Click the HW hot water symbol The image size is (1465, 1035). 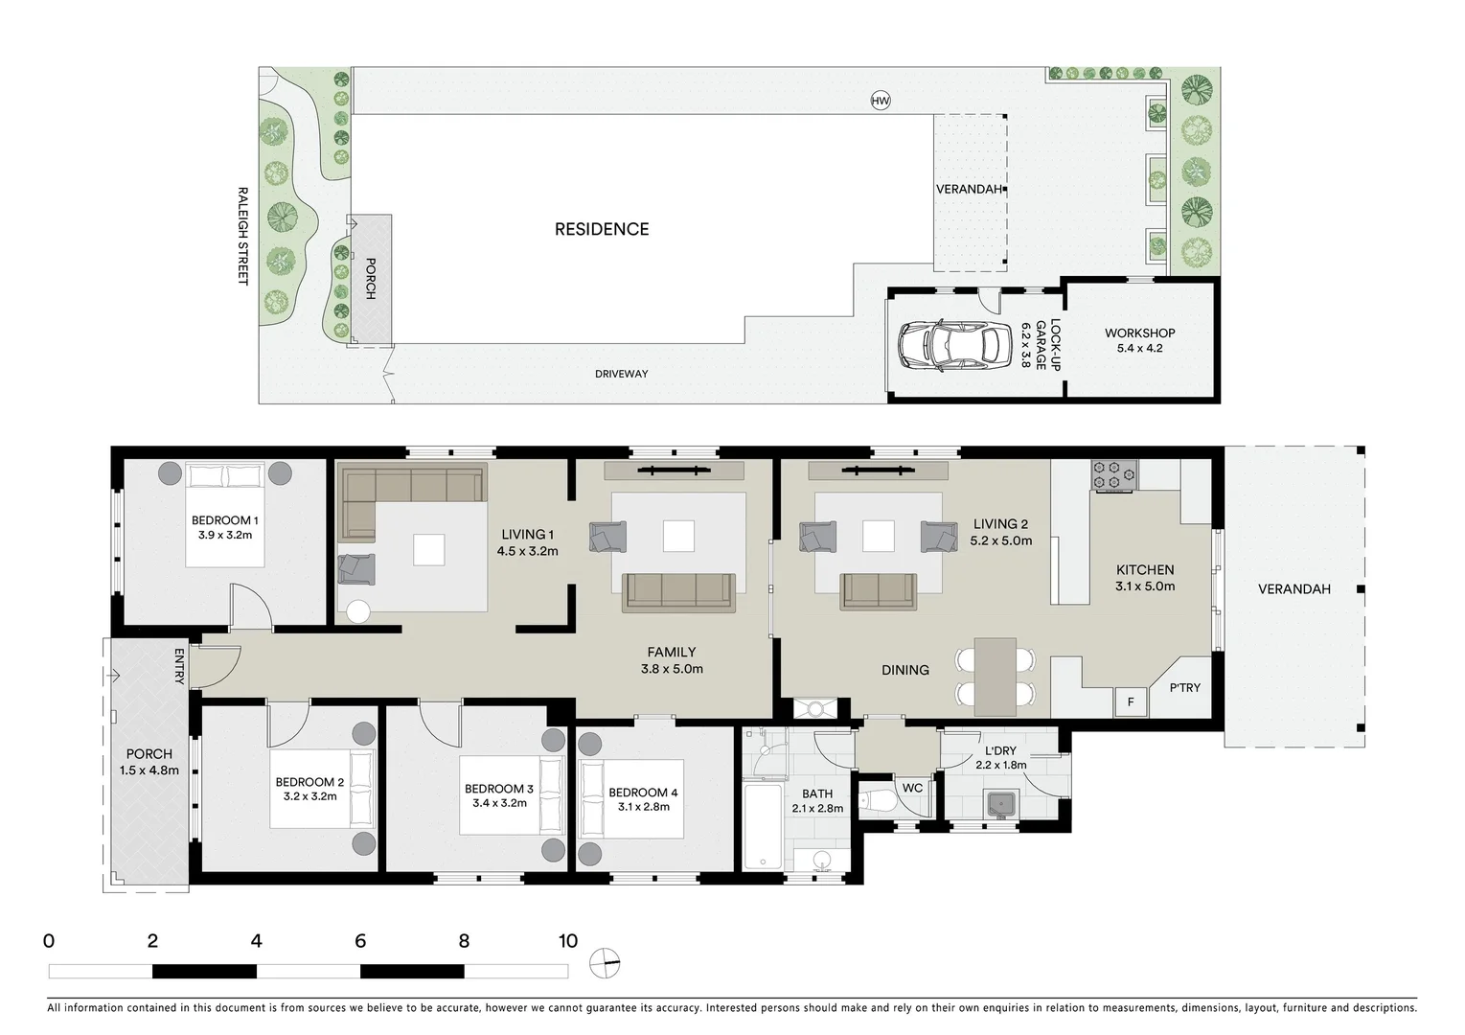click(x=880, y=101)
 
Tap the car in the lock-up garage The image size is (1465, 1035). click(x=954, y=346)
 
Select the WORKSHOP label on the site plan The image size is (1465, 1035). click(x=1139, y=333)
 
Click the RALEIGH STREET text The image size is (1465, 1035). click(x=242, y=236)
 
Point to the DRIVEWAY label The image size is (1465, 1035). click(x=621, y=374)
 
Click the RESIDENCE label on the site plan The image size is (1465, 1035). click(x=602, y=229)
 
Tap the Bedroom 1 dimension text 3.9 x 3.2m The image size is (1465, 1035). click(x=224, y=536)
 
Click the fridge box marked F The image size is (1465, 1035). click(x=1131, y=702)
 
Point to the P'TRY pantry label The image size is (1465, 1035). click(x=1184, y=687)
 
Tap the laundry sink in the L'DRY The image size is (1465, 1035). click(x=1002, y=803)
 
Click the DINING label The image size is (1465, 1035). click(x=905, y=670)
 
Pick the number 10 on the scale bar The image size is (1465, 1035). click(x=568, y=941)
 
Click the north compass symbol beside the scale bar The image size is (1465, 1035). click(x=605, y=963)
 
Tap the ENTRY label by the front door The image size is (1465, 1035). click(x=179, y=666)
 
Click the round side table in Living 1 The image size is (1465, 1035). click(x=359, y=611)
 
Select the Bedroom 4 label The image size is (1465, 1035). click(x=643, y=793)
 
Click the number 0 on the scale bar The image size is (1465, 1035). click(x=49, y=941)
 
